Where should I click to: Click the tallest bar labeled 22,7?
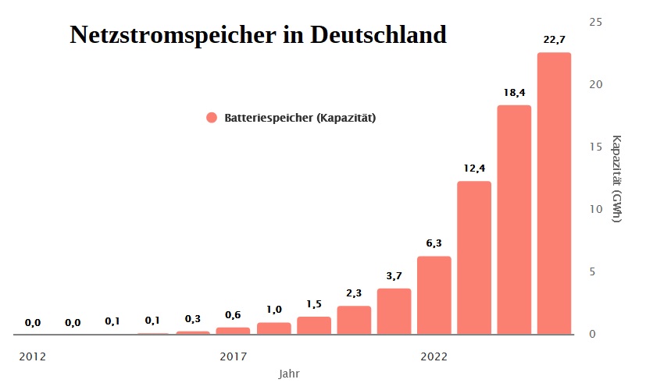(x=554, y=193)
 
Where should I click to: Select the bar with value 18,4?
(x=514, y=220)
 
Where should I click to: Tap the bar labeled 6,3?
(x=434, y=296)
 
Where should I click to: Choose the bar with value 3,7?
(x=394, y=312)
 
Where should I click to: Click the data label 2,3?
(x=354, y=293)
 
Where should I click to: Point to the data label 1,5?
(x=313, y=304)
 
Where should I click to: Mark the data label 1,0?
(x=273, y=310)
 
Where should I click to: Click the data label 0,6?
(x=233, y=315)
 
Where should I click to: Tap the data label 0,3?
(x=193, y=319)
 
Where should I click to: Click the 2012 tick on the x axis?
(x=33, y=356)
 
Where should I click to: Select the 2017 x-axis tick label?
(x=233, y=356)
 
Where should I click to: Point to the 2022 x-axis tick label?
(x=434, y=356)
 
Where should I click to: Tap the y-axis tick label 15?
(x=595, y=147)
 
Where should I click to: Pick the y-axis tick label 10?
(x=595, y=209)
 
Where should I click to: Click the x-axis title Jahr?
(x=289, y=374)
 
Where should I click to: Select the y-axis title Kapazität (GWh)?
(x=616, y=179)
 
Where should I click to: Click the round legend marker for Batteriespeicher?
(x=211, y=118)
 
